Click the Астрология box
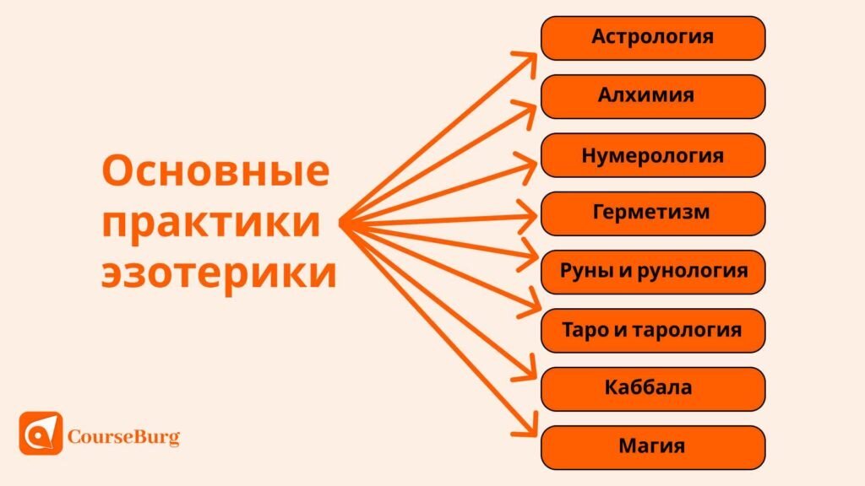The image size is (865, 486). click(x=652, y=38)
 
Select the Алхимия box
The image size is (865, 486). click(x=652, y=96)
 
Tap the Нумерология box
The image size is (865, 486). click(x=652, y=155)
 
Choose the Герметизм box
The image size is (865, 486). click(x=652, y=213)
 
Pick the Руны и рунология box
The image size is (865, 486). click(x=652, y=272)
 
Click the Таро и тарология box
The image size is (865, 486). click(x=652, y=330)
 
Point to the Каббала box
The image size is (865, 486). click(x=652, y=388)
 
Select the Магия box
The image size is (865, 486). click(x=652, y=447)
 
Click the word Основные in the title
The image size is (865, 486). click(x=215, y=172)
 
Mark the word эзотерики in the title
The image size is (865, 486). click(x=219, y=275)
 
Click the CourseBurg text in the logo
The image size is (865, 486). click(x=123, y=437)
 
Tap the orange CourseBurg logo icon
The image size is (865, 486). click(x=41, y=434)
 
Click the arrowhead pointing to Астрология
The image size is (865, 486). click(x=528, y=58)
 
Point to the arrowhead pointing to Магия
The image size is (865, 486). click(x=529, y=427)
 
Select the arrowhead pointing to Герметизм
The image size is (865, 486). click(x=530, y=220)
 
